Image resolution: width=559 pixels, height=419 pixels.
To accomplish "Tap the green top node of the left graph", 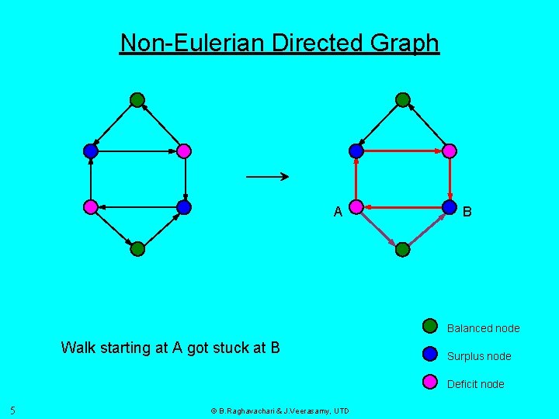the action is tap(137, 99).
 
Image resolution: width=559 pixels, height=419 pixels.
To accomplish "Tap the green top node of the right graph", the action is tap(402, 99).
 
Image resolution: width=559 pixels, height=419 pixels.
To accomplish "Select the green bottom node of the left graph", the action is tap(137, 249).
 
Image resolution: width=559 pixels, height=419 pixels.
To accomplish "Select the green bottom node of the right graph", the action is tap(402, 249).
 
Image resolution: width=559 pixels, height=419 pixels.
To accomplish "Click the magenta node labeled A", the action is tap(356, 207).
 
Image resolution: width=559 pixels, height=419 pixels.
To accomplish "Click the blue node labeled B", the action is tap(449, 207).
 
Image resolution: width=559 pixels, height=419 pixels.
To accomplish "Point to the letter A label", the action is tap(338, 212).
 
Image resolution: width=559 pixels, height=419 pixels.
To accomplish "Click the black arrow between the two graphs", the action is tap(267, 177).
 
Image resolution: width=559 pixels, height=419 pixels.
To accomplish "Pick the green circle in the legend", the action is tap(430, 326).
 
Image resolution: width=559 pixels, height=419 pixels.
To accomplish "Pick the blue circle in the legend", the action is tap(430, 354).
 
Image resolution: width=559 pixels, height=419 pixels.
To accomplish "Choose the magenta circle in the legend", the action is tap(430, 381).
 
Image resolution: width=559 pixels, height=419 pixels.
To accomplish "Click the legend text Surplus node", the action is tap(479, 356).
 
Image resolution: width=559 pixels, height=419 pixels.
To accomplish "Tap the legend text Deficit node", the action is tap(475, 384).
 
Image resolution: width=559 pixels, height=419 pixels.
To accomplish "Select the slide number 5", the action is tap(13, 410).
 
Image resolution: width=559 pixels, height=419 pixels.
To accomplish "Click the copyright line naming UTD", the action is tap(280, 410).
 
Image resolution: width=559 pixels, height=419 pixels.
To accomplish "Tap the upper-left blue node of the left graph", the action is tap(91, 151).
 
